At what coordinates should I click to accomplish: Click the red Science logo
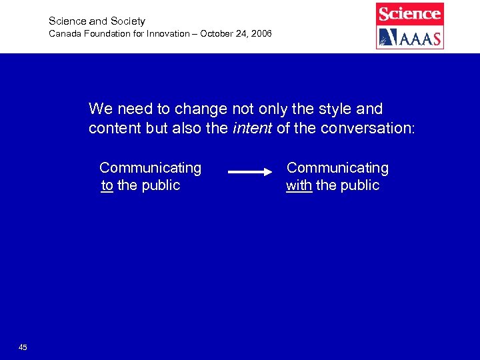click(x=409, y=13)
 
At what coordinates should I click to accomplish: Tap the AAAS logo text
click(x=418, y=38)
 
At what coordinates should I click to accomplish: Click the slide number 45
click(x=23, y=347)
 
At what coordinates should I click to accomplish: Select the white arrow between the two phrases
click(x=251, y=172)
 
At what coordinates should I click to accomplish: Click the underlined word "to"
click(x=107, y=185)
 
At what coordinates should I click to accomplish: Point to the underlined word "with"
click(x=299, y=185)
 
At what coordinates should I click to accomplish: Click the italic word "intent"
click(x=252, y=128)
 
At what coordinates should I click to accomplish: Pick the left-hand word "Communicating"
click(x=150, y=168)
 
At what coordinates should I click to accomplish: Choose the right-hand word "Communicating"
click(x=337, y=168)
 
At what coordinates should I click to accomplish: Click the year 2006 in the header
click(x=261, y=33)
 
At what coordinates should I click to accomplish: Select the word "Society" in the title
click(x=128, y=21)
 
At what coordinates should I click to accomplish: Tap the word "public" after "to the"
click(x=159, y=185)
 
